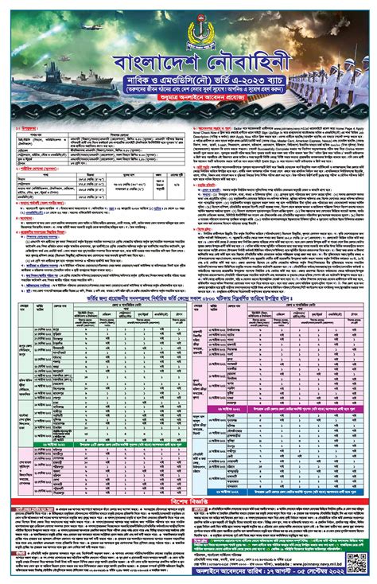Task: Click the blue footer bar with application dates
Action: pyautogui.click(x=188, y=576)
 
